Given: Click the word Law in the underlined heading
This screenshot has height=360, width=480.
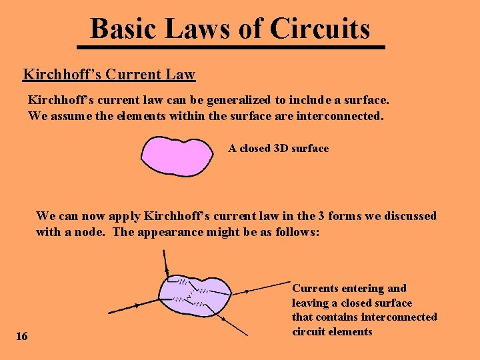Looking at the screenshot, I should click(181, 74).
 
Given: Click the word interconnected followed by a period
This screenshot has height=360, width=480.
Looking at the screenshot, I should click(345, 116).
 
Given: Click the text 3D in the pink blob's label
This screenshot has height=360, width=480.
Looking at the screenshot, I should click(281, 148).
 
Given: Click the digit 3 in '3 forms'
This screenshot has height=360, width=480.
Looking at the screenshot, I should click(321, 216).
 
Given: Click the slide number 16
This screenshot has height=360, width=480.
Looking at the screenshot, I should click(22, 336).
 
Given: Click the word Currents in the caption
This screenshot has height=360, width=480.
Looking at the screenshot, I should click(315, 288).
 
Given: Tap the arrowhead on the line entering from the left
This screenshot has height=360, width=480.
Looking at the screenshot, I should click(137, 305).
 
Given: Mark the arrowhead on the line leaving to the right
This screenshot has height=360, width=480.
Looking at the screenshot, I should click(246, 291).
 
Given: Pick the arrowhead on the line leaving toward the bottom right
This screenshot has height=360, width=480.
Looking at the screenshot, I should click(223, 318).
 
